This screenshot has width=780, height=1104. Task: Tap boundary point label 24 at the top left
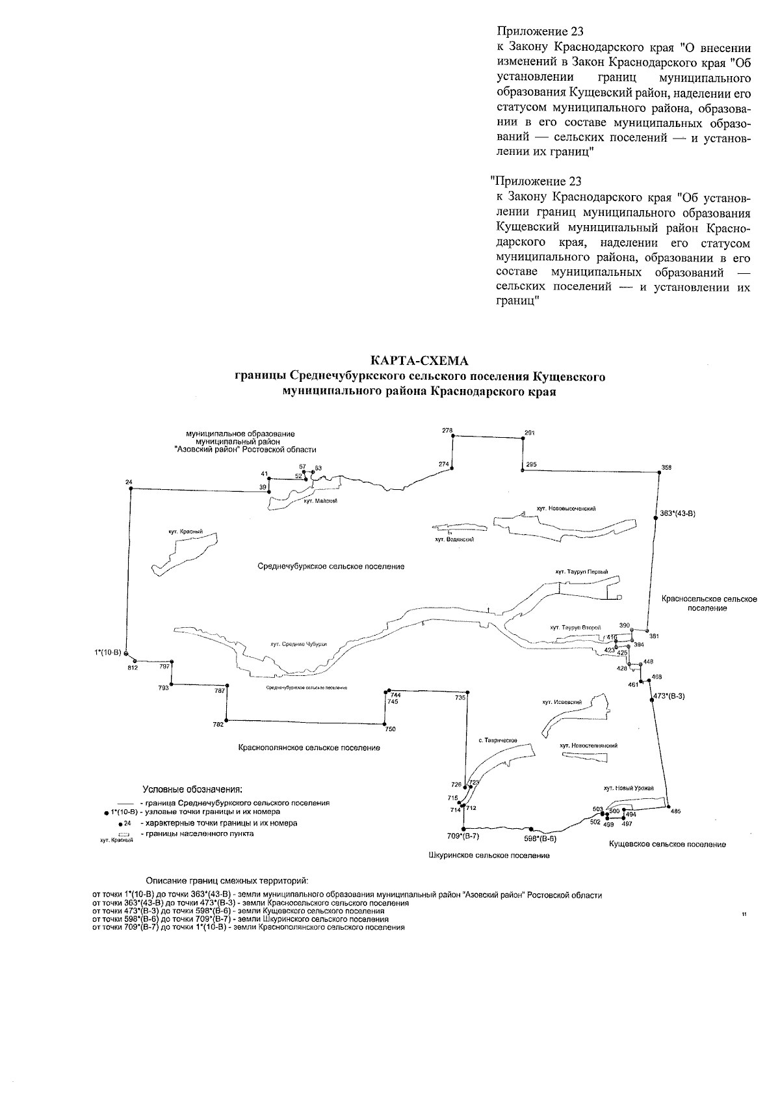(x=129, y=482)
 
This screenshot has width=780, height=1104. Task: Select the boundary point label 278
(x=447, y=430)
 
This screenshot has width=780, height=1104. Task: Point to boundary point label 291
(x=529, y=433)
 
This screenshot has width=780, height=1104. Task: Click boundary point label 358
(x=666, y=467)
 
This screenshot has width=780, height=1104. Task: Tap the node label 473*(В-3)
(x=669, y=695)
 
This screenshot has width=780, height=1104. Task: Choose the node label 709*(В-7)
(x=463, y=836)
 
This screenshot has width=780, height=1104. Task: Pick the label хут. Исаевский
(x=562, y=702)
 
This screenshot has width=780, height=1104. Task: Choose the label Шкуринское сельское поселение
(x=489, y=855)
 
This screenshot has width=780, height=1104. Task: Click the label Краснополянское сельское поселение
(x=309, y=748)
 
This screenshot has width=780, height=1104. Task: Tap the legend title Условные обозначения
(x=192, y=790)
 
